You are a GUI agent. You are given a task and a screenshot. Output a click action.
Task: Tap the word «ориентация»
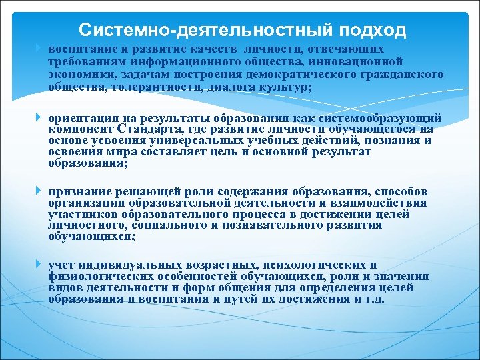click(x=80, y=118)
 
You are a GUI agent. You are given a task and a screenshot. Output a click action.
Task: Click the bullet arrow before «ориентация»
click(x=39, y=118)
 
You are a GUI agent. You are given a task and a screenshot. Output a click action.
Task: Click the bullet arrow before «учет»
click(x=39, y=265)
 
